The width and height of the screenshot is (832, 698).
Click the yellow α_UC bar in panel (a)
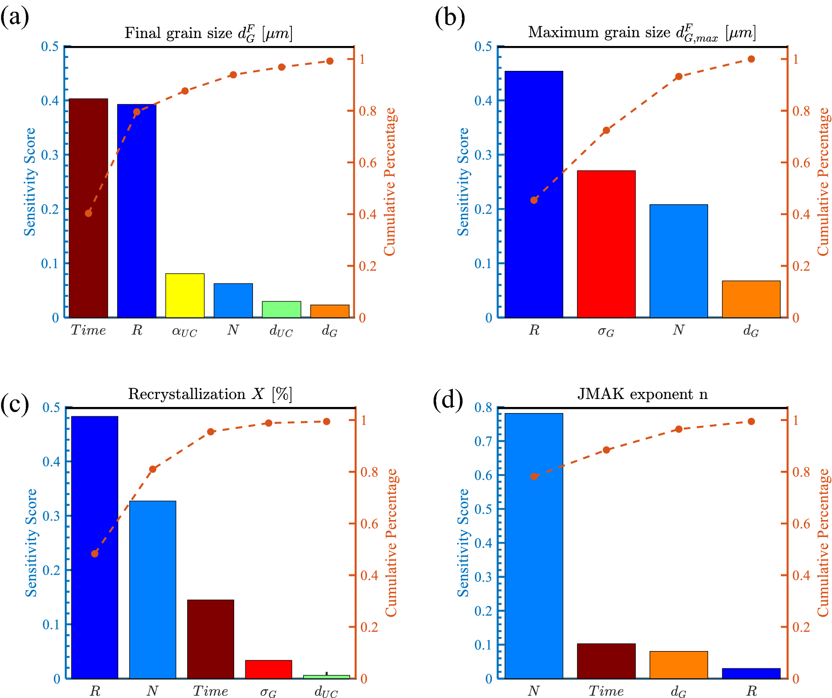(x=184, y=295)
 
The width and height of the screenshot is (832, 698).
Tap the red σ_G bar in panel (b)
(x=606, y=244)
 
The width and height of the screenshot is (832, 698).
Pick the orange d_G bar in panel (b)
(x=751, y=299)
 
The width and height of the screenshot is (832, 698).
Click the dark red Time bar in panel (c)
(x=210, y=639)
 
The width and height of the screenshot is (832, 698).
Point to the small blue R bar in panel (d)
(x=751, y=673)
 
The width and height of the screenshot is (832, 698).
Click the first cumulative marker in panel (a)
(x=88, y=213)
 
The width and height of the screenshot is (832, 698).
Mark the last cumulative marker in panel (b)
(x=751, y=59)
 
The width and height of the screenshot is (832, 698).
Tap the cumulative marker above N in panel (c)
(x=153, y=469)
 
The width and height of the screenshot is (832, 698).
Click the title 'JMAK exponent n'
(x=642, y=393)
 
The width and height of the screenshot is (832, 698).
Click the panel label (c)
(x=15, y=403)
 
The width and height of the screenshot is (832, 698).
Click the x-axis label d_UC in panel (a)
(x=281, y=331)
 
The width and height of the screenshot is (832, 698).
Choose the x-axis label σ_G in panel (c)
(x=268, y=691)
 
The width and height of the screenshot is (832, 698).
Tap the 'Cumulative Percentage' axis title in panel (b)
(x=823, y=182)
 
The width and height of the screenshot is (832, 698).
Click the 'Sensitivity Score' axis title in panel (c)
(x=31, y=543)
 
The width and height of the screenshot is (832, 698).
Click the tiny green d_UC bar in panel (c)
(x=326, y=676)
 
